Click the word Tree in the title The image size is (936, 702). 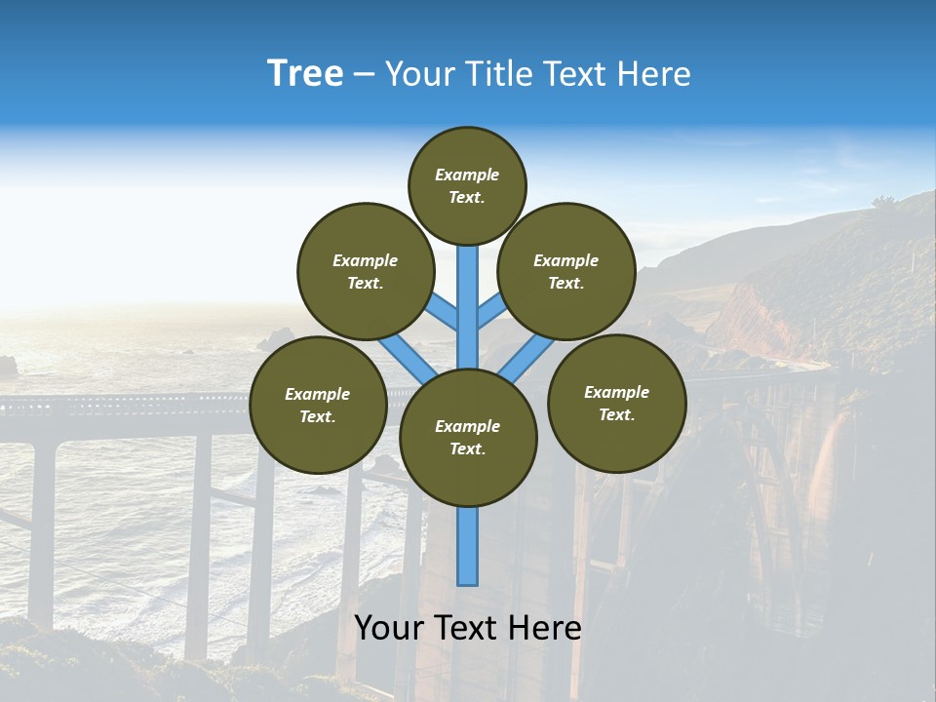[305, 74]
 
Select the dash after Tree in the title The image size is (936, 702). [364, 75]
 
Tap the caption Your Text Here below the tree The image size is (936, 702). [468, 628]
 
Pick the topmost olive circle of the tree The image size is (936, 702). [467, 185]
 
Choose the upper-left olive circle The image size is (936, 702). [366, 271]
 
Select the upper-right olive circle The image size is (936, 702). [566, 271]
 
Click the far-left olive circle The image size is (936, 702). [318, 405]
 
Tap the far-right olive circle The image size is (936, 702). [617, 403]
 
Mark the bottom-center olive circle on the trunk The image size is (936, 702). [468, 437]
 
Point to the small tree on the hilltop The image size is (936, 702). [883, 203]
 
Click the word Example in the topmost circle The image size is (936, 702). [467, 175]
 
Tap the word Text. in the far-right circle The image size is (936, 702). [617, 414]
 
